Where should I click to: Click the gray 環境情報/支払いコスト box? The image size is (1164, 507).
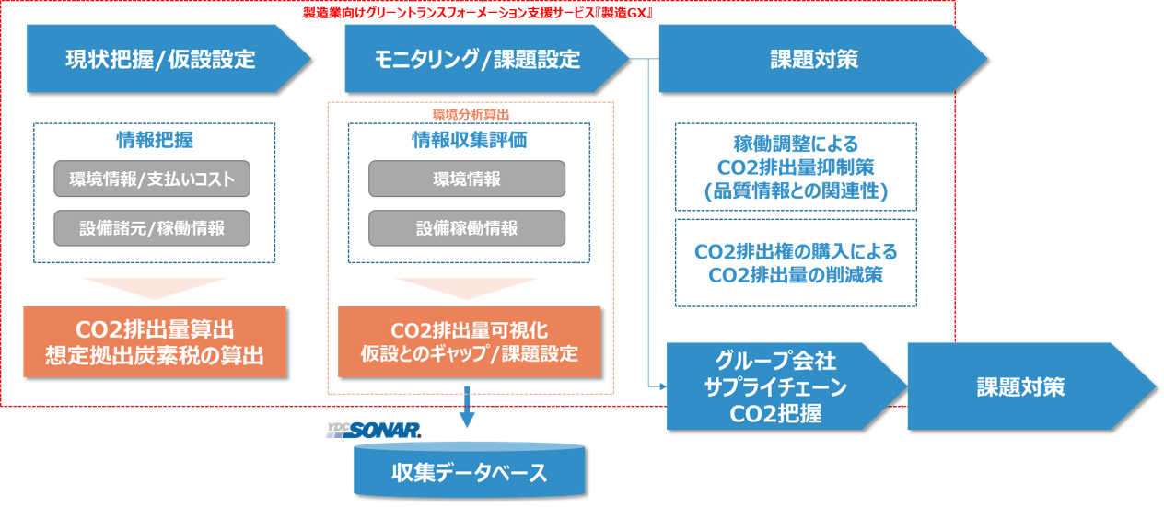[x=152, y=179]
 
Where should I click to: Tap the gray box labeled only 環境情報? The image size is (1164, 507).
[x=467, y=179]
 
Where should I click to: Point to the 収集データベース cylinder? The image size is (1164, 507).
[x=469, y=472]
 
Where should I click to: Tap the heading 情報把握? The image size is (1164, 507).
[x=155, y=140]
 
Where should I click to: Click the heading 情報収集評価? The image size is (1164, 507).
[x=469, y=140]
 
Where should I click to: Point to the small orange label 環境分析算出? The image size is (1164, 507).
[x=471, y=113]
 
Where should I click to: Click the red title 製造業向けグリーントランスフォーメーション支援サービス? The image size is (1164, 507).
[x=478, y=14]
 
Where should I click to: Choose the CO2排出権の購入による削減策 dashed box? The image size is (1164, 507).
[x=796, y=262]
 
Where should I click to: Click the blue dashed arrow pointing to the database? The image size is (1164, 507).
[x=467, y=408]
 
